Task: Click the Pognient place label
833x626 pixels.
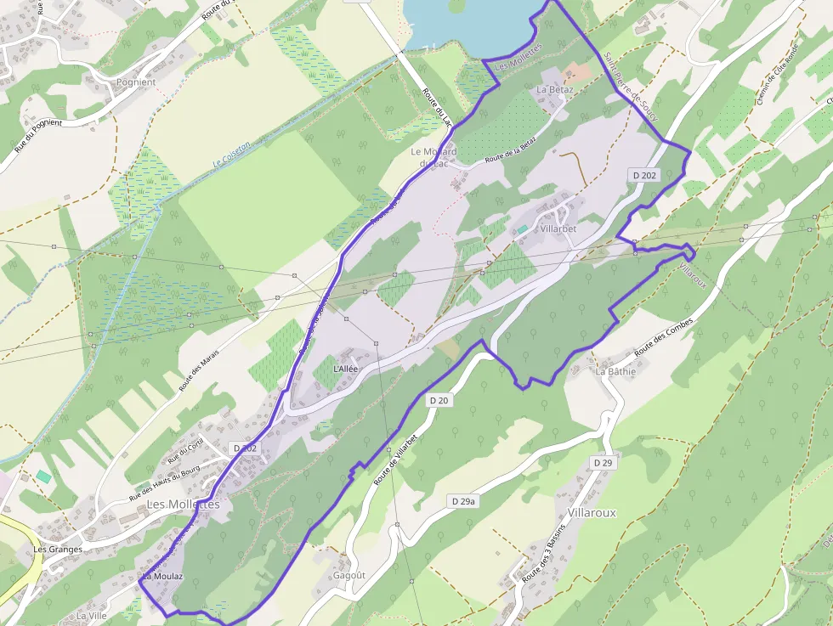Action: click(136, 82)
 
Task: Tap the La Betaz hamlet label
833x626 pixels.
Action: click(555, 89)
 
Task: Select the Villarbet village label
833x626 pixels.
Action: click(558, 229)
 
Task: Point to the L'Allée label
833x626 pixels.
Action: click(347, 369)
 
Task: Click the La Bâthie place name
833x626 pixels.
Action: click(615, 371)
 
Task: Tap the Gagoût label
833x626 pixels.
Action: click(349, 575)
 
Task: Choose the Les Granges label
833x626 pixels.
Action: click(58, 550)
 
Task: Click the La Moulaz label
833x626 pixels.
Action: click(162, 577)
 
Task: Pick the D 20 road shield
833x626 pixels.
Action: click(439, 400)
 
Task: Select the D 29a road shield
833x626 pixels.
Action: click(462, 502)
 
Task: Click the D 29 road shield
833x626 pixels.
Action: click(603, 462)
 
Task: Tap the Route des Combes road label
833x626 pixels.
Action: click(664, 337)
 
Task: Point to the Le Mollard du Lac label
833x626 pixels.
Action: click(433, 157)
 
